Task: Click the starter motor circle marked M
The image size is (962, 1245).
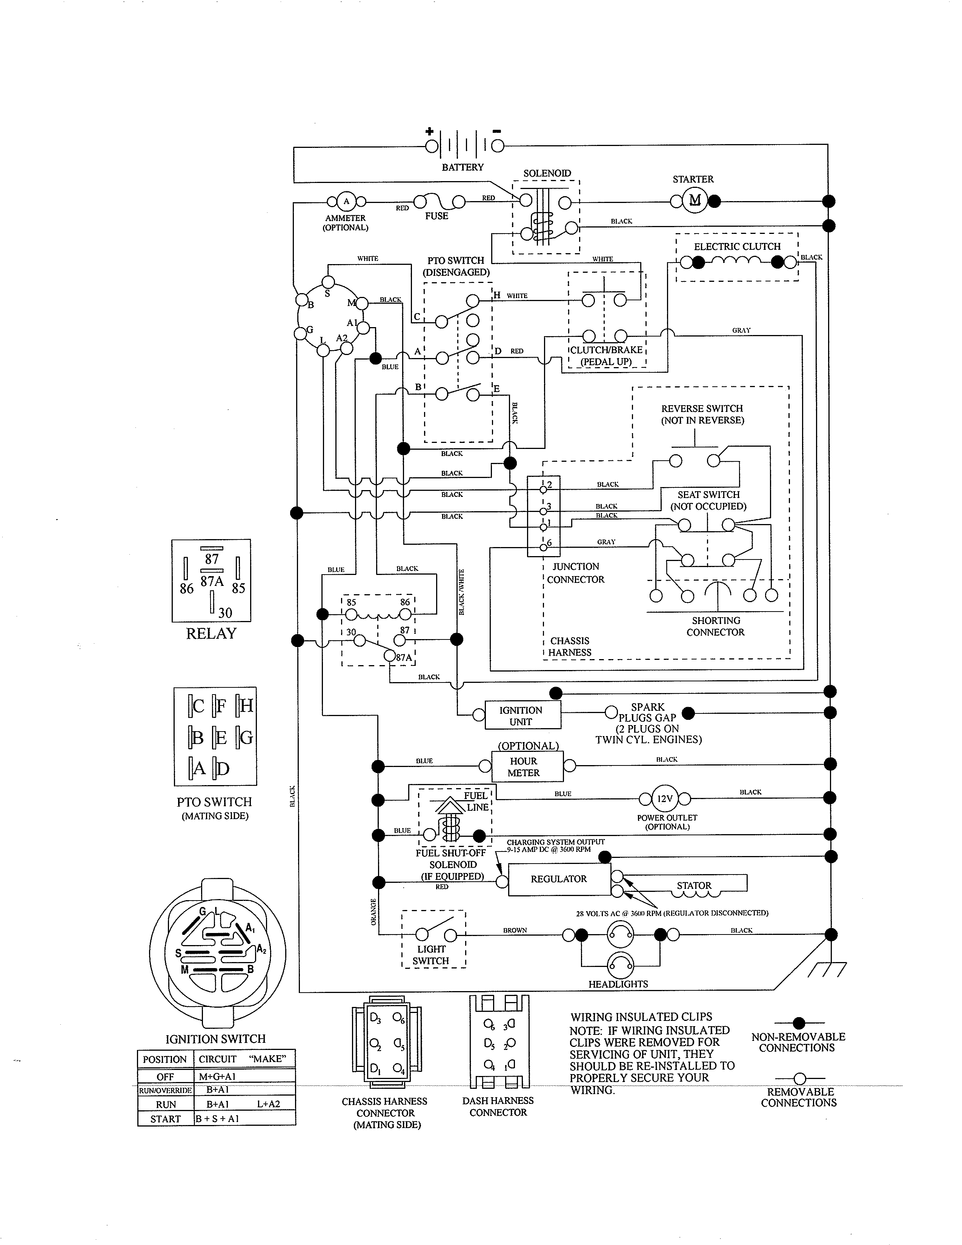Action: (695, 201)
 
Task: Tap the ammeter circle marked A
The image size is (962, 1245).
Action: (346, 201)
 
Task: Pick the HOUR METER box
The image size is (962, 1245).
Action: (524, 767)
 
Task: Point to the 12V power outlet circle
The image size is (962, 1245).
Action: (664, 799)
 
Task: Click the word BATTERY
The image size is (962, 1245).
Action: (462, 167)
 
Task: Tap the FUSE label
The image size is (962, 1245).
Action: (436, 216)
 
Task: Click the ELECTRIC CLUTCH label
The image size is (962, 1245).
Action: (737, 246)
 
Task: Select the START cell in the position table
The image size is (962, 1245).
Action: (165, 1119)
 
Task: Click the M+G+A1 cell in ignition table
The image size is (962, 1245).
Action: (217, 1076)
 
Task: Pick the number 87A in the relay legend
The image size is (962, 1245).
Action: (212, 581)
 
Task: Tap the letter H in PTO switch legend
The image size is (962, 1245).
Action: (246, 706)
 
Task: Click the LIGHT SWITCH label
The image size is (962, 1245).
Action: (432, 955)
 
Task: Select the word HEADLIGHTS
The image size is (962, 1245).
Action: (618, 984)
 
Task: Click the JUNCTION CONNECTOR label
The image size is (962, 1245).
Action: (576, 573)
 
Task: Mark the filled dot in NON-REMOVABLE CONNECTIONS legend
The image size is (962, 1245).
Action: (799, 1023)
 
